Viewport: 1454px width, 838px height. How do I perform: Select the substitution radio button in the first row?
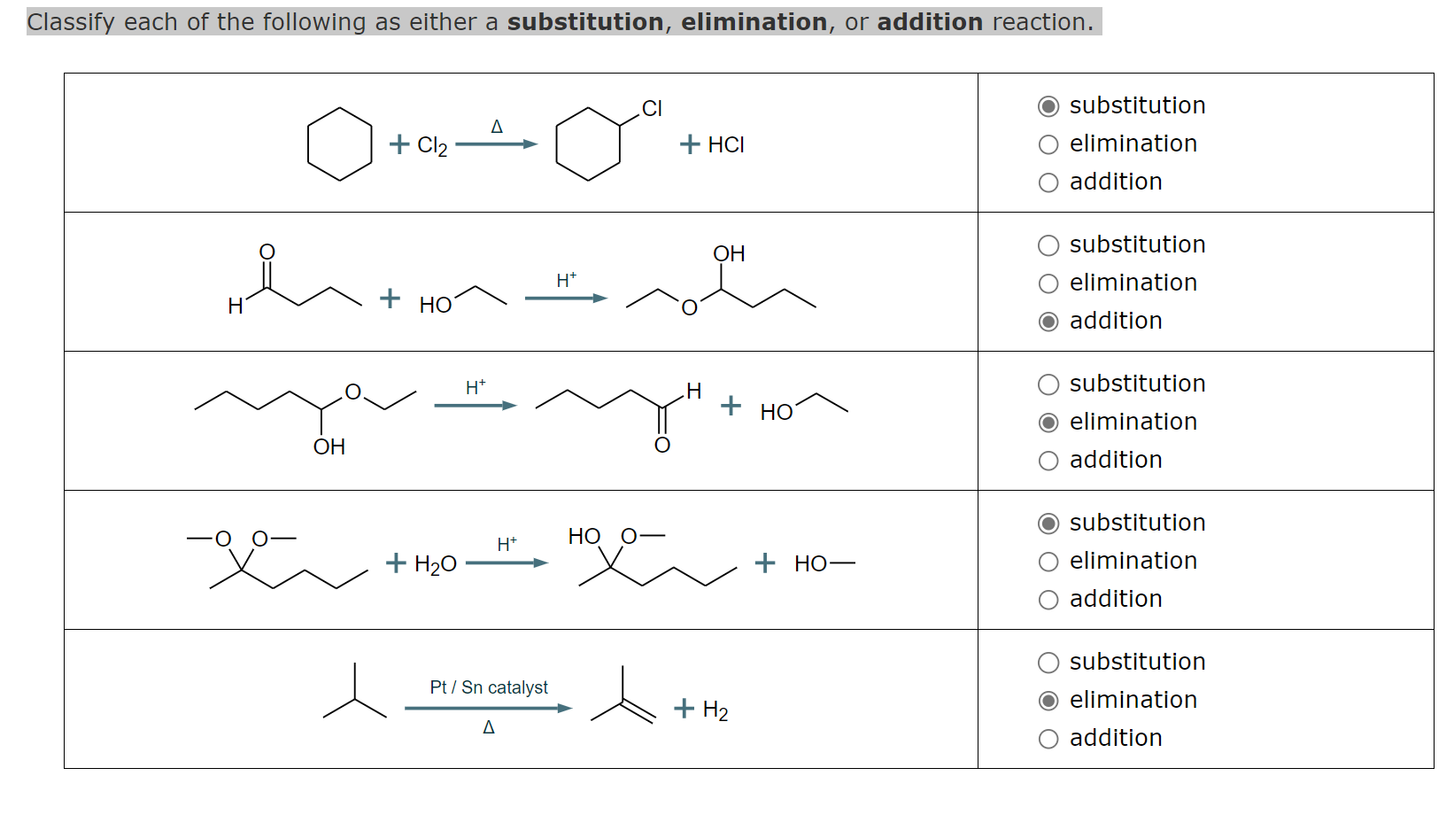click(1048, 106)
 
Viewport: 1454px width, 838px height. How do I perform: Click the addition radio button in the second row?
click(1048, 322)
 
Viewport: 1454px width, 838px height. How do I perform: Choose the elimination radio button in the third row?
click(1048, 423)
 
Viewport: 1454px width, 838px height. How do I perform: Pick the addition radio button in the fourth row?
click(1048, 600)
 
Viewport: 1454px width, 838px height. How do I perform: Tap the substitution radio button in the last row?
click(1048, 663)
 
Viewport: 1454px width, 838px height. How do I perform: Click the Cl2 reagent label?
click(432, 145)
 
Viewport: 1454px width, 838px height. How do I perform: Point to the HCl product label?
click(725, 144)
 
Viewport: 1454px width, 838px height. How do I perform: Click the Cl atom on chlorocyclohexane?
click(652, 108)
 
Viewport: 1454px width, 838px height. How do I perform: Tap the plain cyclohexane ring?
click(339, 144)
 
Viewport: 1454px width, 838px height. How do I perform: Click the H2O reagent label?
click(435, 564)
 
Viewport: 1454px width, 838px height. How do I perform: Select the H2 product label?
click(715, 710)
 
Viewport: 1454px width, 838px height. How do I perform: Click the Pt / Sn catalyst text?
click(489, 687)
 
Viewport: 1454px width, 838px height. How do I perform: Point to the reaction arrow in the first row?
click(496, 144)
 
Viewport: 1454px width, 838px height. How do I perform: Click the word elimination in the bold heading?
click(754, 21)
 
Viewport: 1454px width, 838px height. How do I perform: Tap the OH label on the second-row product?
click(729, 254)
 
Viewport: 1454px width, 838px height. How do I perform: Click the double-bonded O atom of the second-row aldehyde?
click(267, 252)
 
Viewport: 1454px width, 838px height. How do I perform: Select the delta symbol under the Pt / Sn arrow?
click(489, 727)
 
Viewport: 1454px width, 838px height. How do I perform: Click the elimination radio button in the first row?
click(1048, 144)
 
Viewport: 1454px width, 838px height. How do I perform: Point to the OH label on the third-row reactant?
click(329, 446)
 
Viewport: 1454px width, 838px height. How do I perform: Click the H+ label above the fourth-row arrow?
click(507, 544)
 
